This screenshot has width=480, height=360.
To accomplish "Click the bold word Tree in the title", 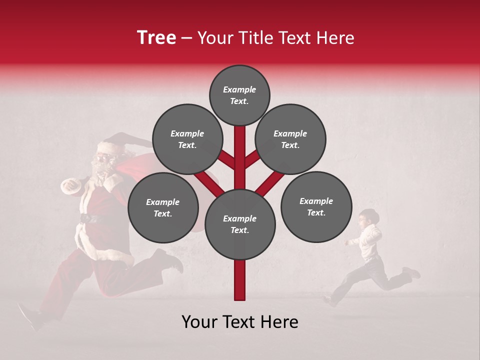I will (x=156, y=38).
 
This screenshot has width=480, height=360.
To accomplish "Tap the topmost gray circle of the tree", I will (x=239, y=95).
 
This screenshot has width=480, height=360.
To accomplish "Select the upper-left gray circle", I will (x=187, y=139).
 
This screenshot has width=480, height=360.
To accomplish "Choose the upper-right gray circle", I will (x=290, y=139).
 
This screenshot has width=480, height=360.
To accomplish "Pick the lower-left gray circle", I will (x=163, y=207).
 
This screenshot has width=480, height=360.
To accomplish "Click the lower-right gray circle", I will (x=316, y=206).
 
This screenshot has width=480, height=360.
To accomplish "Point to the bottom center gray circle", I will (x=240, y=224).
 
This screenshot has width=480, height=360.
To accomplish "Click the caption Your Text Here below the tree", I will (x=240, y=322).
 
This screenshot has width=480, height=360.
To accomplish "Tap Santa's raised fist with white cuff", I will (x=70, y=186).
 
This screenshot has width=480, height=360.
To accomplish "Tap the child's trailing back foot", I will (x=413, y=272).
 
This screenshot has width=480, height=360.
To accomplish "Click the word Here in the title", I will (x=335, y=38).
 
